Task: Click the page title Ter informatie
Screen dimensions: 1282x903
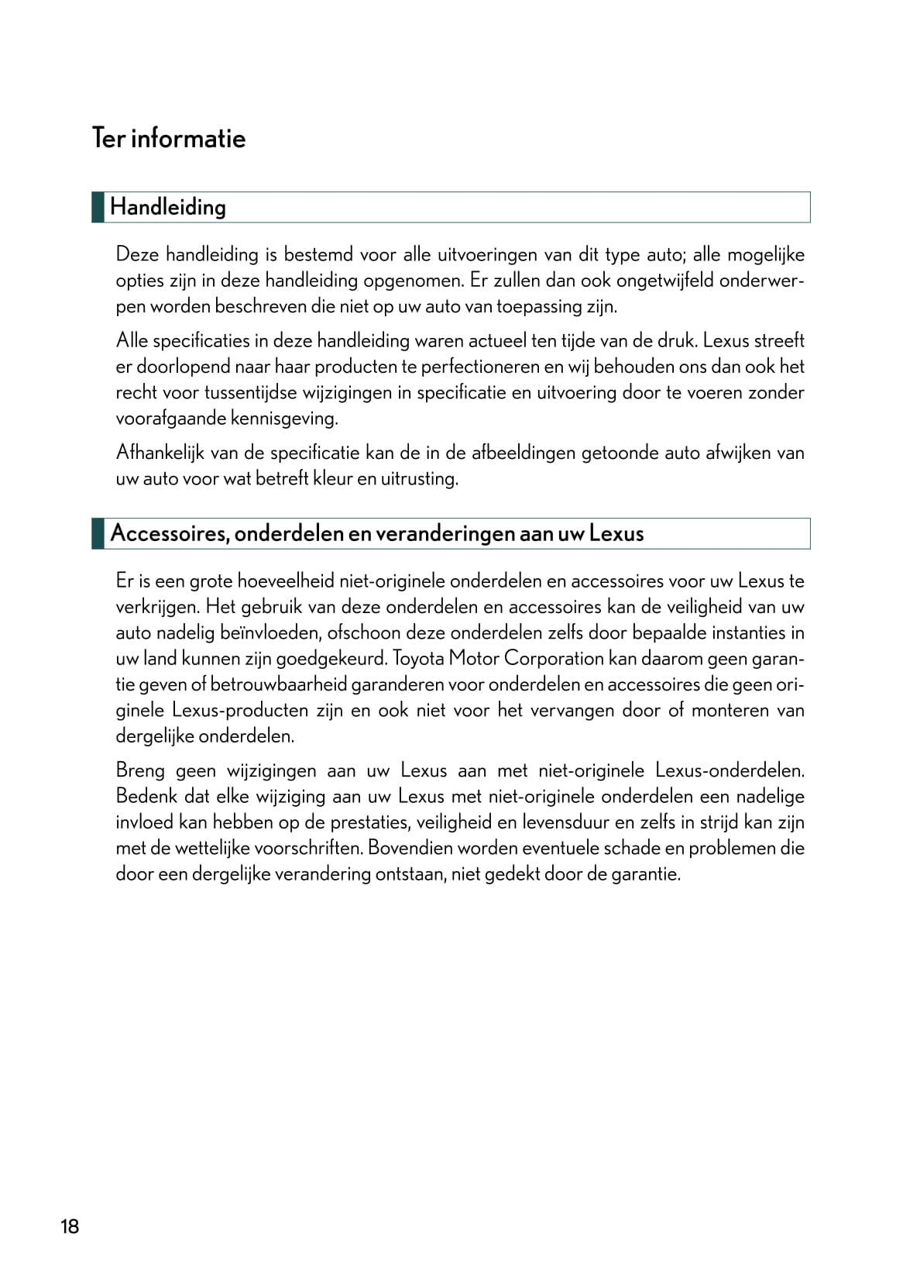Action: pyautogui.click(x=169, y=138)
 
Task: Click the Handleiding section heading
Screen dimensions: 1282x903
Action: pyautogui.click(x=168, y=207)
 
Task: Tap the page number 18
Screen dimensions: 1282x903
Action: pyautogui.click(x=70, y=1227)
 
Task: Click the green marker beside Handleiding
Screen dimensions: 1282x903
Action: pyautogui.click(x=98, y=207)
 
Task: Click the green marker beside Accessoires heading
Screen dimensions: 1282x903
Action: pyautogui.click(x=98, y=533)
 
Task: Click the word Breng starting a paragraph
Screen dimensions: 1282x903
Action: pyautogui.click(x=140, y=770)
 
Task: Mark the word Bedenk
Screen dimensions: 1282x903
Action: pyautogui.click(x=143, y=796)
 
